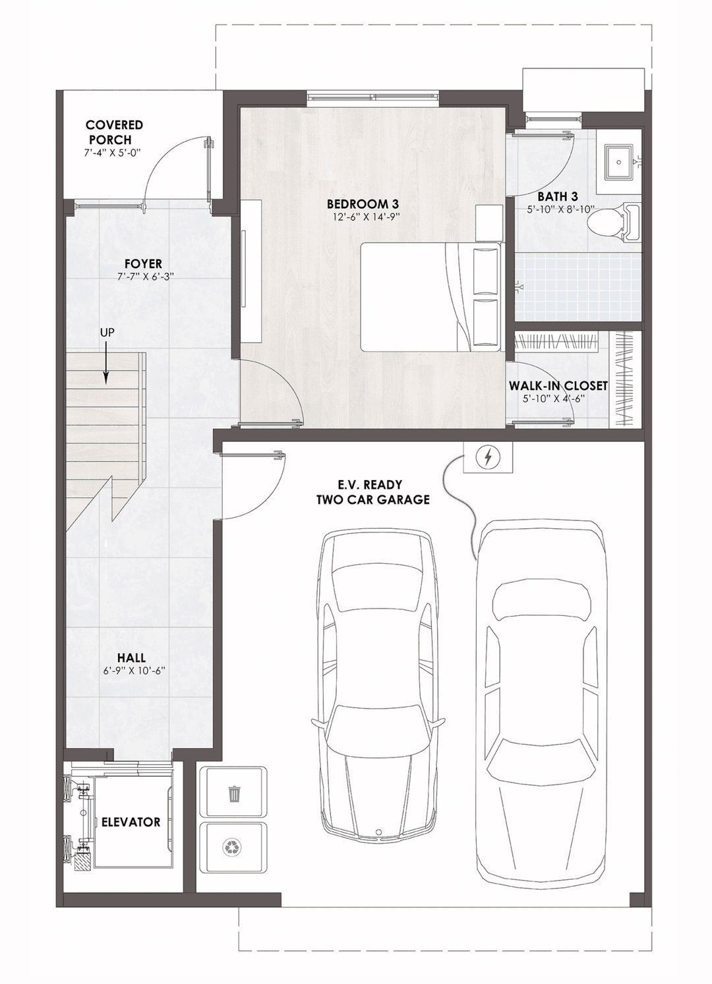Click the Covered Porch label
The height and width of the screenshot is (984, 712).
pyautogui.click(x=114, y=132)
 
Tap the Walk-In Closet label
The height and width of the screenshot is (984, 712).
pyautogui.click(x=558, y=385)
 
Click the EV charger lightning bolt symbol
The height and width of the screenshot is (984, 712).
pyautogui.click(x=488, y=456)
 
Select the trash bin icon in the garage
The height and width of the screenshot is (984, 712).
pyautogui.click(x=234, y=794)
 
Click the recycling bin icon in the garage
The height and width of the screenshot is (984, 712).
pyautogui.click(x=234, y=846)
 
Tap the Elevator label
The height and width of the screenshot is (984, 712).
pyautogui.click(x=131, y=822)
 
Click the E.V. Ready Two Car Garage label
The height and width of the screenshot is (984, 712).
pyautogui.click(x=372, y=492)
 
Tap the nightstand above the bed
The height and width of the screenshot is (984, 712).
pyautogui.click(x=489, y=222)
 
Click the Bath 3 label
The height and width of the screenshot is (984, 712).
pyautogui.click(x=557, y=196)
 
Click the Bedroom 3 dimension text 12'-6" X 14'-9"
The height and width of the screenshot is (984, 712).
pyautogui.click(x=363, y=216)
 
